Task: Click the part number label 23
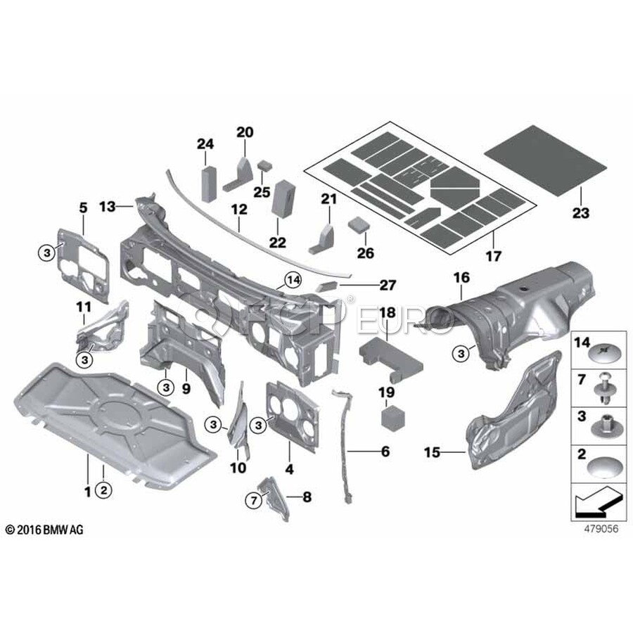coord(580,212)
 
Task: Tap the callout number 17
coord(493,257)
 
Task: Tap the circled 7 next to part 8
coord(252,500)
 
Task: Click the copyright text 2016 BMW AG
coord(44,529)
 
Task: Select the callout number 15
coord(433,452)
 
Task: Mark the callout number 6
coord(385,452)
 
